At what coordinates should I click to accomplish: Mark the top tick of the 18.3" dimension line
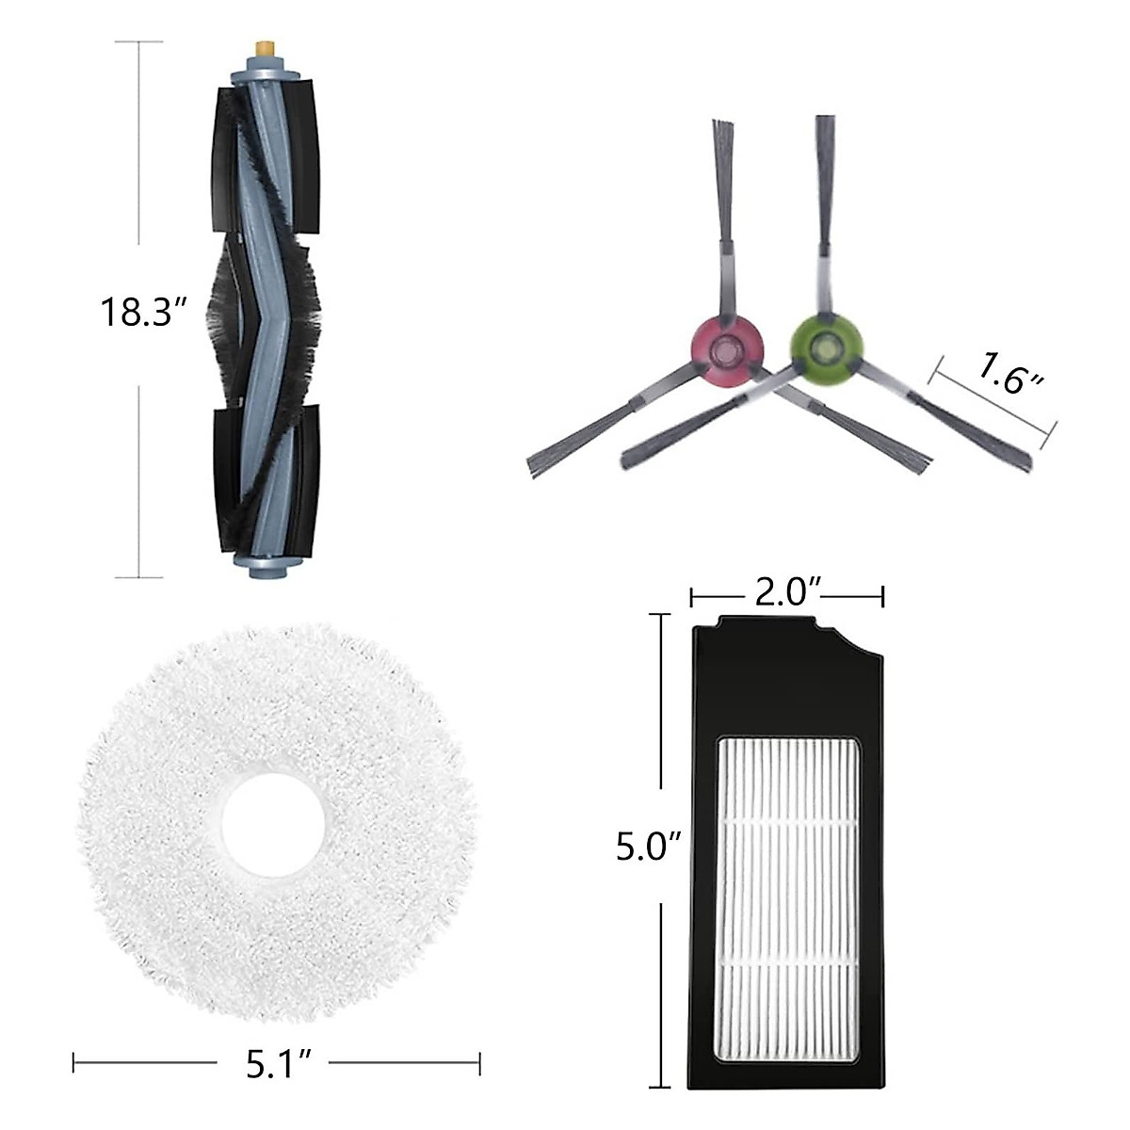[x=139, y=41]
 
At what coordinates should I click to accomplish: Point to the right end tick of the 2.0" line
[x=882, y=595]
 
